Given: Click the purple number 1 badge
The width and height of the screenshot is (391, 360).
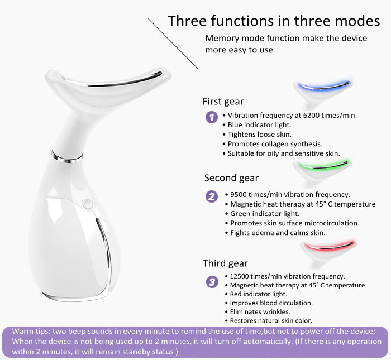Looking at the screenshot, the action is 212,117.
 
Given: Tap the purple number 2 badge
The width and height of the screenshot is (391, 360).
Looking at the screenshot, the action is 212,196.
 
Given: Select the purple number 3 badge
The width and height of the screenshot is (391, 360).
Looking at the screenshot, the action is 212,282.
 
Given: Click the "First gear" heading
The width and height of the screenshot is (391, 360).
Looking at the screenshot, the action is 223,102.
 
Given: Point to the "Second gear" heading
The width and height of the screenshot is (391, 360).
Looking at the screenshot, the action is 231,178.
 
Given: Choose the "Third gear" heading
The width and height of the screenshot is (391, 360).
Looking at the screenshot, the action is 225,263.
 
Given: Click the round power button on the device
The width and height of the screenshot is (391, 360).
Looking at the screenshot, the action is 88,203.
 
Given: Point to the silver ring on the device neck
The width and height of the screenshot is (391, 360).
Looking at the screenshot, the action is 67,157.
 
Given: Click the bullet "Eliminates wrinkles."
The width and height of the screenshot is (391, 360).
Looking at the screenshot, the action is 258,311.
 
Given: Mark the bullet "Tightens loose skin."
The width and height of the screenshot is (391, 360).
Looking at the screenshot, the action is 257,135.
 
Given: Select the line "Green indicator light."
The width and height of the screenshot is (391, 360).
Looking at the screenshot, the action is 263,214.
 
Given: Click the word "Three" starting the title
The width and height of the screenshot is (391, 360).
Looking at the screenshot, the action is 187,21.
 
